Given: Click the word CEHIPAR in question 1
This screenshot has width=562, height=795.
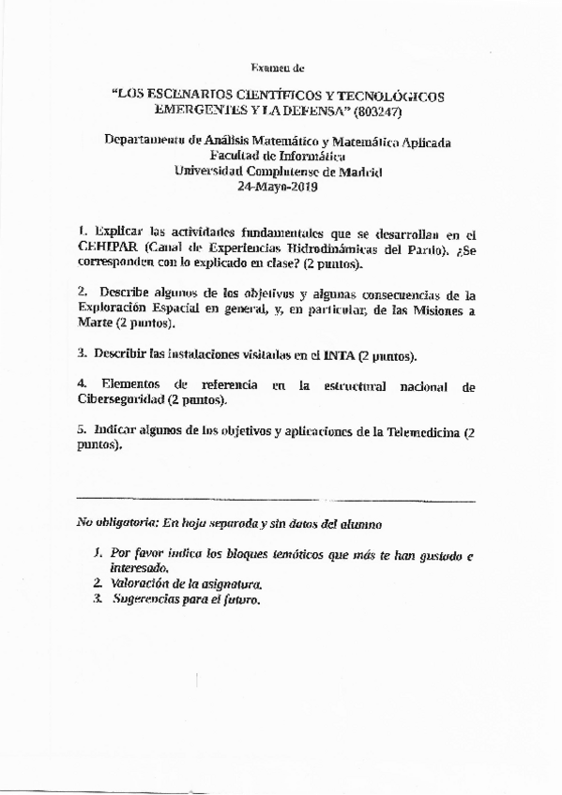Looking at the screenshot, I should point(108,247).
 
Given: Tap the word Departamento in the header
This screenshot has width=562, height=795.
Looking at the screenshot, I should point(145,142).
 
